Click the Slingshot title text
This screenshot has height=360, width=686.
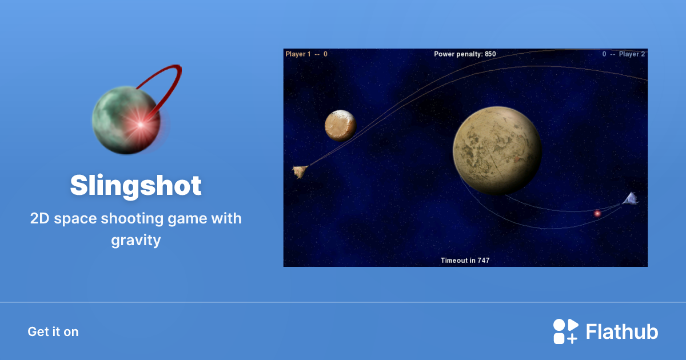pos(136,186)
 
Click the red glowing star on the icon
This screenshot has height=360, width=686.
pos(139,122)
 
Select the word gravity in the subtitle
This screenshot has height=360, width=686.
pos(136,240)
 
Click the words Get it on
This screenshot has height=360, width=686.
pos(53,331)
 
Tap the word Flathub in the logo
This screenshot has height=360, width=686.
pos(622,331)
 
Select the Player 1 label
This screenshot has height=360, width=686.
pos(298,54)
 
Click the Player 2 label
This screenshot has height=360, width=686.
pos(632,54)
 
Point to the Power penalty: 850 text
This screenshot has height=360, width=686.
pos(465,54)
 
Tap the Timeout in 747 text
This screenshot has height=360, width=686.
pos(465,261)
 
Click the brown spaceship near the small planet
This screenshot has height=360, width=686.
pos(300,171)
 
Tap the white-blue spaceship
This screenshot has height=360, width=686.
pos(631,199)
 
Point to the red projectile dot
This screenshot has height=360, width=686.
pos(597,213)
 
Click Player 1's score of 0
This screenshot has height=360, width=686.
pos(325,54)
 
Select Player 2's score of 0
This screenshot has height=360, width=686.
pos(604,54)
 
